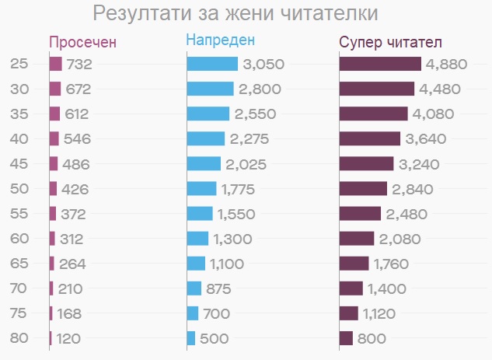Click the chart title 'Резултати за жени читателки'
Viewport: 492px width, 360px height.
pos(236,14)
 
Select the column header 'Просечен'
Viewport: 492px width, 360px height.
pos(82,42)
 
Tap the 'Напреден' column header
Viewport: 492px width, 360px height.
pos(220,41)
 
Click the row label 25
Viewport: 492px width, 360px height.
pos(20,64)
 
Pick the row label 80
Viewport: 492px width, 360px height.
pos(20,338)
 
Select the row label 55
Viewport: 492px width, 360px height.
pos(20,213)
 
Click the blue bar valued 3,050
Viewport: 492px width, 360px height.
pos(212,64)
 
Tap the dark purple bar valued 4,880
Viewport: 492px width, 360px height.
pos(380,64)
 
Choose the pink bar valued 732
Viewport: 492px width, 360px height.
pos(55,64)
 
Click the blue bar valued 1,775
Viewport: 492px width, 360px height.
pos(201,188)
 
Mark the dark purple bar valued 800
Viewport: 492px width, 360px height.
pos(346,338)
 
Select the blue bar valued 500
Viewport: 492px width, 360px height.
pos(191,338)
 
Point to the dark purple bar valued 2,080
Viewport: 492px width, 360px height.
pos(357,238)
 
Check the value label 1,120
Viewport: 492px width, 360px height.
pos(382,313)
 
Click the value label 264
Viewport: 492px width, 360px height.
pos(72,264)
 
